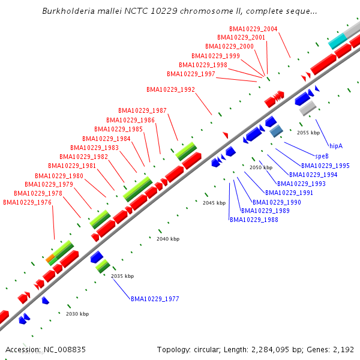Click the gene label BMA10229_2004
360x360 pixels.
click(x=253, y=29)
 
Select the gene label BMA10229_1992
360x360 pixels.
click(x=170, y=89)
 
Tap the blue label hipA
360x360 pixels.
click(x=336, y=146)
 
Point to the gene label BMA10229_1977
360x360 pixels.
click(x=155, y=298)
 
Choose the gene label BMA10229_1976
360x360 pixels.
click(x=27, y=202)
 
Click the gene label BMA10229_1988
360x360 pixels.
click(x=254, y=220)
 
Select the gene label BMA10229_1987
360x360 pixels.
click(x=142, y=110)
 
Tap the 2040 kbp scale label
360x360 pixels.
click(x=168, y=239)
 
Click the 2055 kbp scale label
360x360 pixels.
click(x=308, y=133)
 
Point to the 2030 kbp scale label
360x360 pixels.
click(x=77, y=314)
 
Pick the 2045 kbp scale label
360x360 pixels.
click(x=214, y=203)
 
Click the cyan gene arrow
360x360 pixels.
click(x=337, y=41)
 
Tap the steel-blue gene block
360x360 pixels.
click(x=276, y=131)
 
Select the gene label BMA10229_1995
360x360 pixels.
click(x=325, y=166)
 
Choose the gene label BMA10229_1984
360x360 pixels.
click(x=106, y=139)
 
